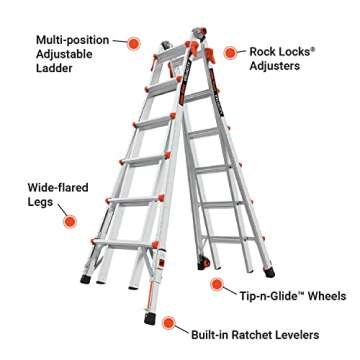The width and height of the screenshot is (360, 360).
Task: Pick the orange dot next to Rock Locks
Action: pyautogui.click(x=229, y=50)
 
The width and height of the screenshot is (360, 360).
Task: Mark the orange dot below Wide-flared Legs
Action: pyautogui.click(x=69, y=220)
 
